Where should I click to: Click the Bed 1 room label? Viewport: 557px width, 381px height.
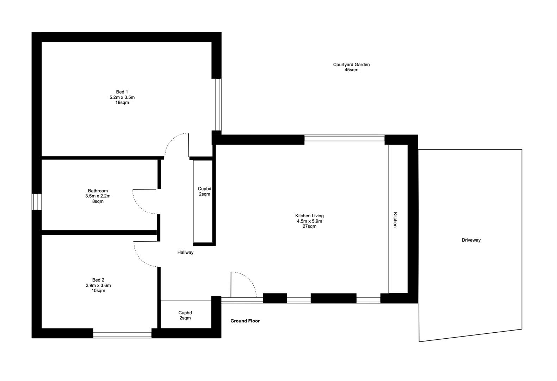pos(122,92)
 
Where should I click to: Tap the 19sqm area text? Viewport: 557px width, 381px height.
pos(122,103)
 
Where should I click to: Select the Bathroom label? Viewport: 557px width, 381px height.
pos(98,191)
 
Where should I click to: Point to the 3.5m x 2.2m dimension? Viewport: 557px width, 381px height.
pos(98,196)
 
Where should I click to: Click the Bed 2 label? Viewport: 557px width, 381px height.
pos(98,280)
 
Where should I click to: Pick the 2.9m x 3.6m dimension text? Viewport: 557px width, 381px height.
pos(98,285)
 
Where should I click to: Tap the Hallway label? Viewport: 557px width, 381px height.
pos(185,253)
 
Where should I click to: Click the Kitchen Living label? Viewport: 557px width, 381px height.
pos(309,216)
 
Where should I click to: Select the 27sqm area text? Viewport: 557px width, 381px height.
pos(309,226)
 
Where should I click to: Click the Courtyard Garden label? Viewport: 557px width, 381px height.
pos(351,65)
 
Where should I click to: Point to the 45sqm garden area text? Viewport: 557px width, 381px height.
pos(351,70)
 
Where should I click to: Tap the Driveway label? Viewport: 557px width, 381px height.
pos(471,240)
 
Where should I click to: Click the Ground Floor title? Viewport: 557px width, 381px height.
pos(245,321)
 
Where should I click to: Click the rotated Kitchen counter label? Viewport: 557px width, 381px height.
pos(395,220)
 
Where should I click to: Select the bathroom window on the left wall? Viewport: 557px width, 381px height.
pos(37,202)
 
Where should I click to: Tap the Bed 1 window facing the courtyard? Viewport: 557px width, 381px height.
pos(218,104)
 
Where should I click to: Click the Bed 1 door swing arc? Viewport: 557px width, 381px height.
pos(175,141)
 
